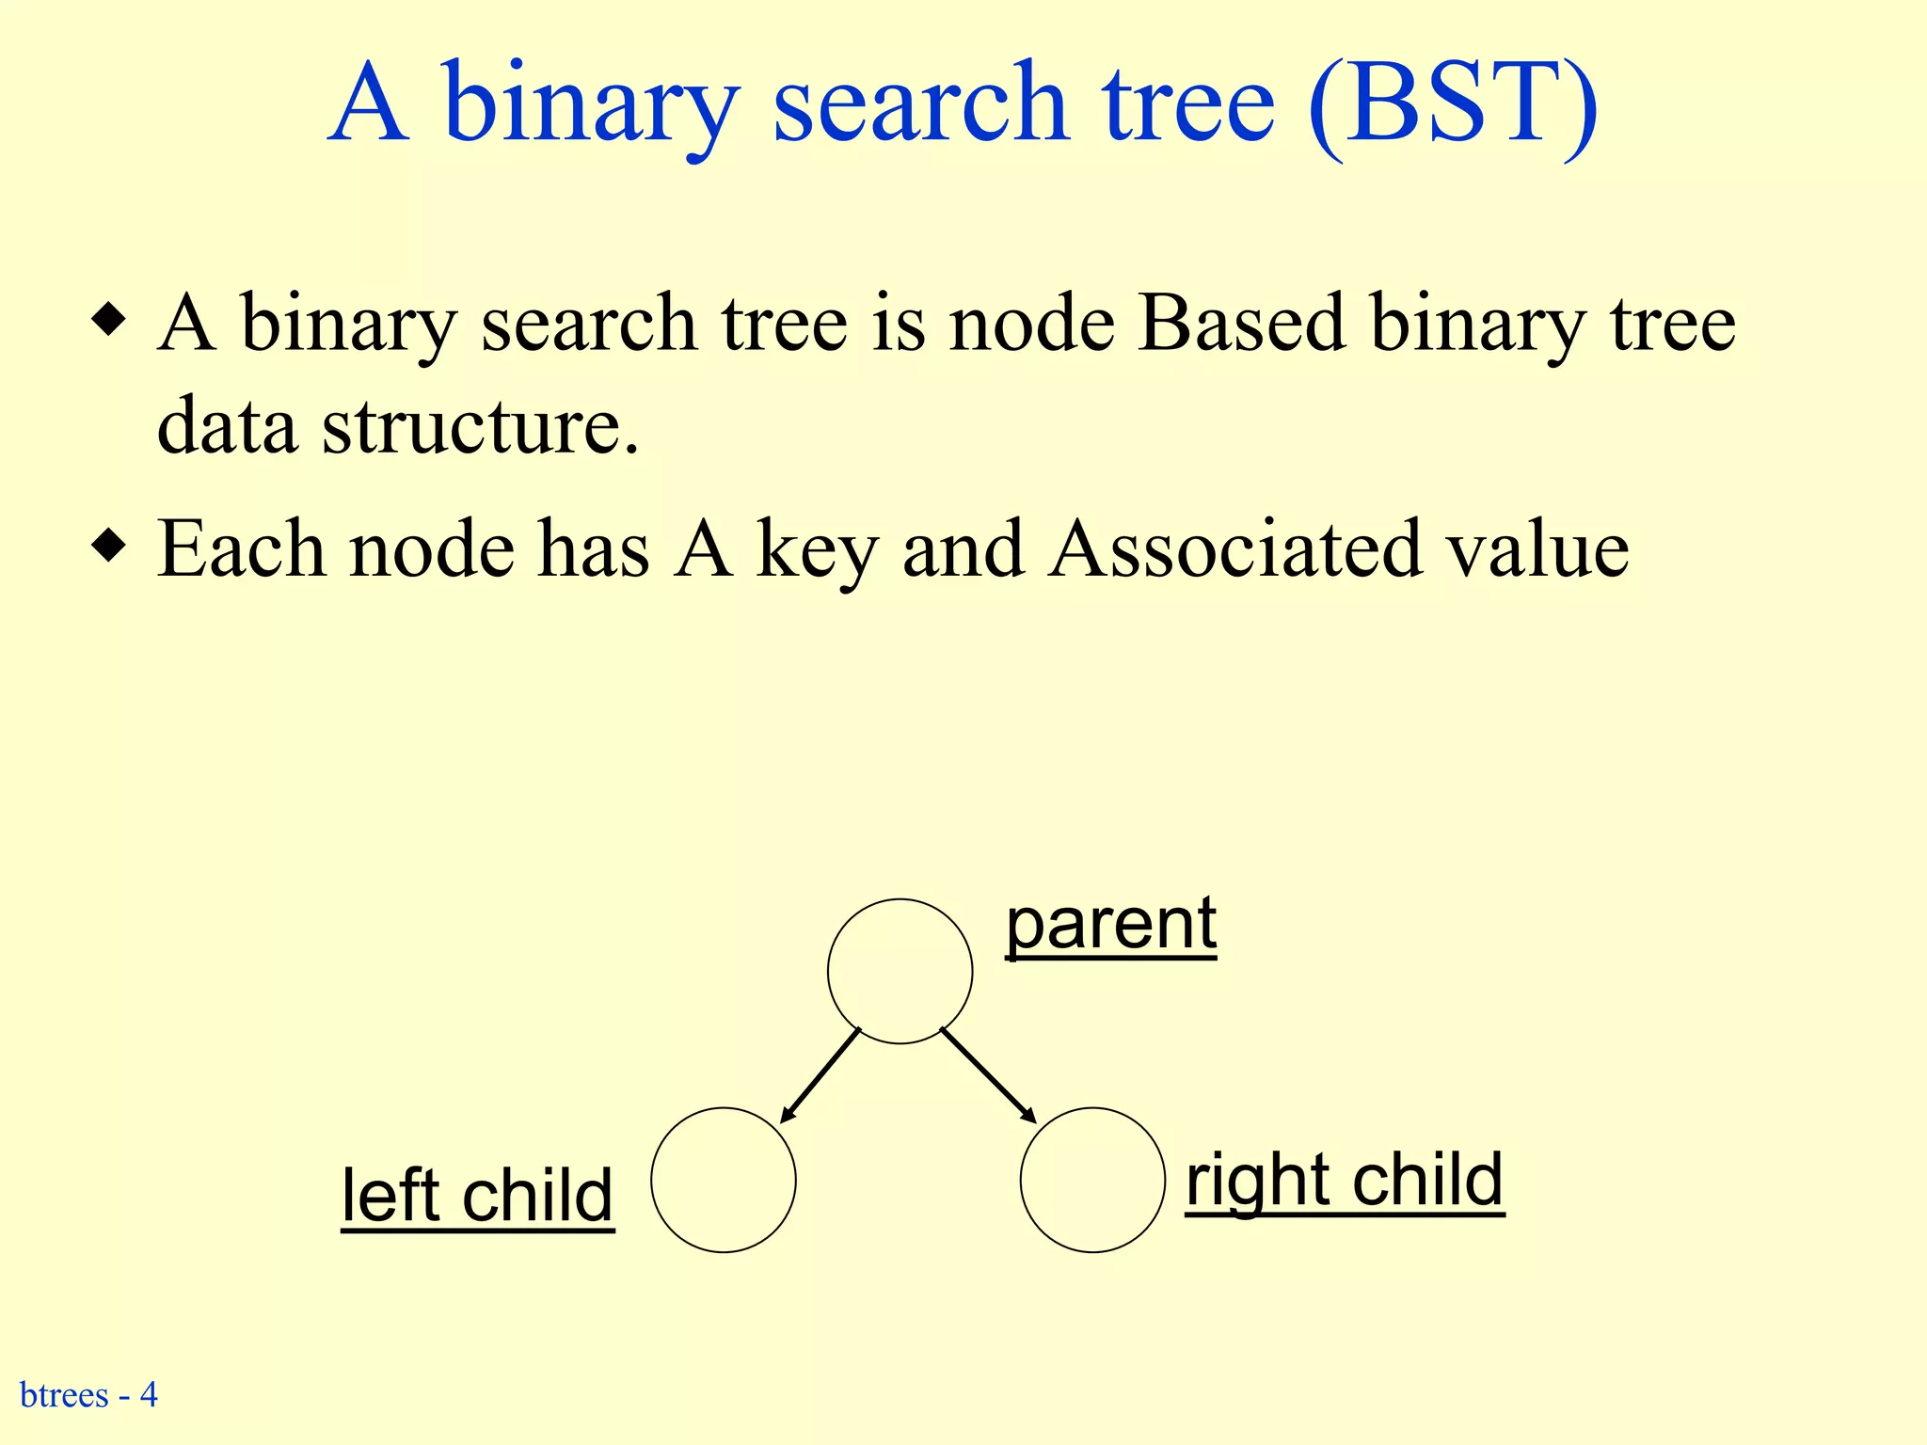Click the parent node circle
click(900, 971)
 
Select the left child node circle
click(723, 1180)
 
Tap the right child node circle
click(1092, 1180)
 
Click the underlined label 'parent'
click(1111, 925)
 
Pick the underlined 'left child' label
click(477, 1196)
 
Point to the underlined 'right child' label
click(1345, 1181)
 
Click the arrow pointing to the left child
click(820, 1075)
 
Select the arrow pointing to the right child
click(988, 1075)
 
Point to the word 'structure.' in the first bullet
click(481, 426)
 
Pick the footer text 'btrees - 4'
click(88, 1394)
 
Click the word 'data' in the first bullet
click(227, 426)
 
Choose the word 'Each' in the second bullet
click(242, 548)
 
